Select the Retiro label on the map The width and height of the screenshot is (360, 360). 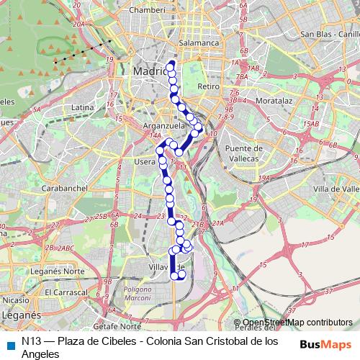207,86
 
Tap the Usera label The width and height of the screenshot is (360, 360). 145,162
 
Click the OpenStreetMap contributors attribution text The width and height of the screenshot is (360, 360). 297,323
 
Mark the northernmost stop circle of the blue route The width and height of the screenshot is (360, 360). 171,66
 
